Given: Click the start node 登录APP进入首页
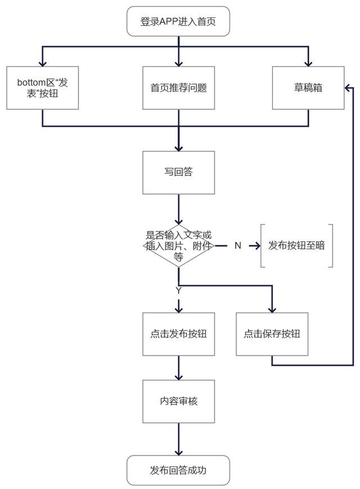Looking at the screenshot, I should [178, 22].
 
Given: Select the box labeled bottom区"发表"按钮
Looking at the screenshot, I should [42, 88].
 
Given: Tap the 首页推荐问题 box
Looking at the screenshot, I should [178, 88].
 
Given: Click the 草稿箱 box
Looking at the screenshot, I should [308, 88].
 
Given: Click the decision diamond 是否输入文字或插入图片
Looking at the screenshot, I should [178, 246].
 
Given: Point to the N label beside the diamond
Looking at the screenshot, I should [237, 246].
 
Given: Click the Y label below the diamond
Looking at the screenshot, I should [178, 290].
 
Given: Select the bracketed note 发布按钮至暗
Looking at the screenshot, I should [296, 246].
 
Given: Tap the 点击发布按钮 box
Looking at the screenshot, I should [178, 334].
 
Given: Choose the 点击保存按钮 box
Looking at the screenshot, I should [272, 334].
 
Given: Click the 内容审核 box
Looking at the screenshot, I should [178, 401].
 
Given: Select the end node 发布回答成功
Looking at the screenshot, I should [178, 470].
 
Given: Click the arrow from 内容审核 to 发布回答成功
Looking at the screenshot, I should [178, 439].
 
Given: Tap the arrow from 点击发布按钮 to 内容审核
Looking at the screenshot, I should [178, 368].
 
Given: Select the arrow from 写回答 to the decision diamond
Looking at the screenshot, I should [178, 209].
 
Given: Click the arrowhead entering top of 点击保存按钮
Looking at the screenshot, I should [272, 308].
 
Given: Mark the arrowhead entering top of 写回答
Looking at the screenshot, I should [178, 147].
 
